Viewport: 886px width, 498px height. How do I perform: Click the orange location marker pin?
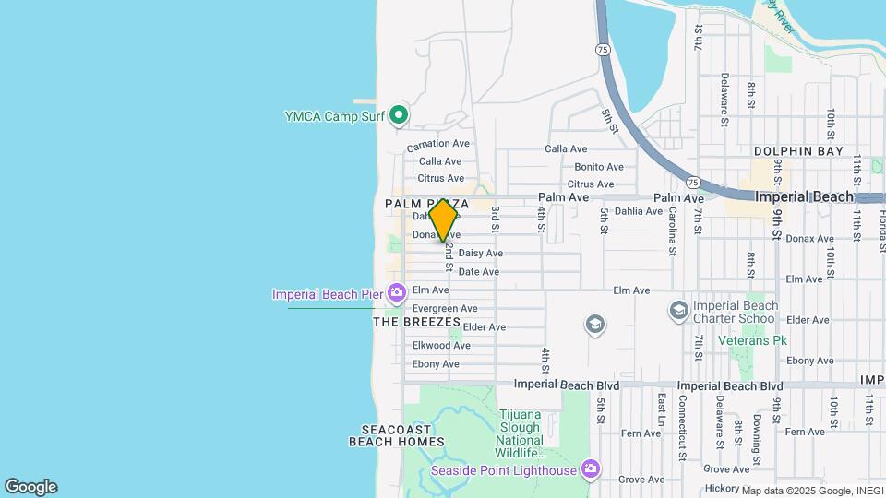443,219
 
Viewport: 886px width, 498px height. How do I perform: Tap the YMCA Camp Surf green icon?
399,115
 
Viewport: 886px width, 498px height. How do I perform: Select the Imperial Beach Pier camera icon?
397,294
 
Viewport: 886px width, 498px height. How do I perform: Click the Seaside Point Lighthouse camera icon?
591,469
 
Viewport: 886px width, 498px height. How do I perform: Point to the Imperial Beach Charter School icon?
679,311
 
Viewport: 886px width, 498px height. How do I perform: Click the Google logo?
30,487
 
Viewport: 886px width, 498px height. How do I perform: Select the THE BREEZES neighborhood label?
416,322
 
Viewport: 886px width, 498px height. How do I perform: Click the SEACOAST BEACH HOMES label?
397,435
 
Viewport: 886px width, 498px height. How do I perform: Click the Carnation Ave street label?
438,143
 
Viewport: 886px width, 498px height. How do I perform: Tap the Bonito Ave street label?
599,167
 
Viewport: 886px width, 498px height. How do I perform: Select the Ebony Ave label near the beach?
436,364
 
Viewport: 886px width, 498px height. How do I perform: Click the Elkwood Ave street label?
441,346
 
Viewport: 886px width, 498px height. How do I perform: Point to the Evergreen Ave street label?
445,308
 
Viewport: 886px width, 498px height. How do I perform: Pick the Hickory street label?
721,488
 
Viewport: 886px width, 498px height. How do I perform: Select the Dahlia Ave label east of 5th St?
639,211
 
